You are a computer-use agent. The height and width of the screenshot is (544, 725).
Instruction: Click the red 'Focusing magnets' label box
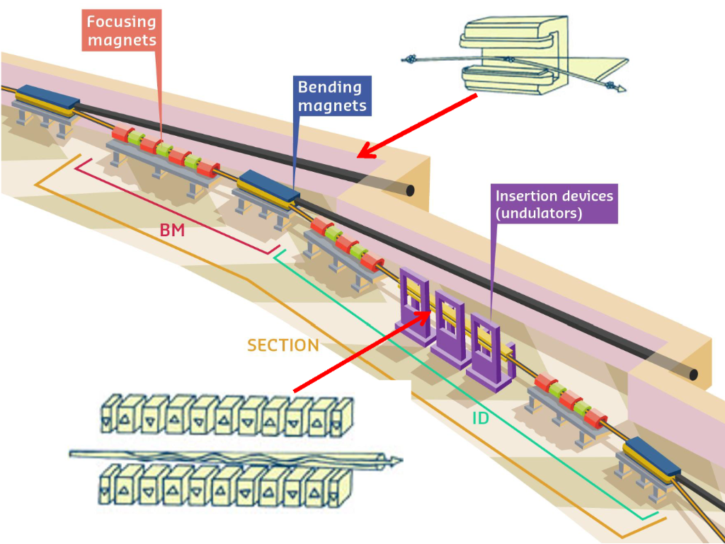tap(121, 30)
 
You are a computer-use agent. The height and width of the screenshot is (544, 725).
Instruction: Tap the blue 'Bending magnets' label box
tap(329, 97)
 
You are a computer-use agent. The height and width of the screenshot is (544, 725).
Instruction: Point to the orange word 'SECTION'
tap(282, 345)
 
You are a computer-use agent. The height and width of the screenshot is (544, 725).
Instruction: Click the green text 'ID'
tap(481, 418)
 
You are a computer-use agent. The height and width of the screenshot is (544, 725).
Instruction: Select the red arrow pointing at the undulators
tap(361, 351)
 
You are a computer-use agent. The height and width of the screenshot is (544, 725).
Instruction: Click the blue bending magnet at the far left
tap(45, 100)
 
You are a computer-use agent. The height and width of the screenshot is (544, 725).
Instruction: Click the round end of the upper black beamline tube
tap(409, 191)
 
